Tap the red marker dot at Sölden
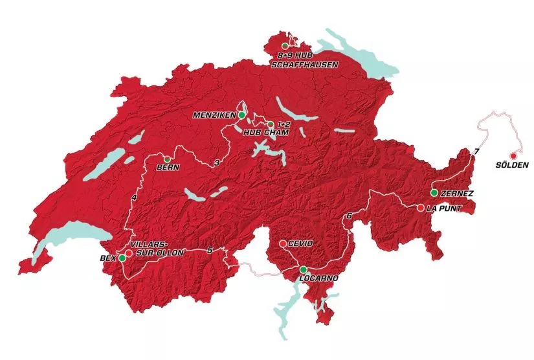click(513, 155)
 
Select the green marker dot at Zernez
click(434, 193)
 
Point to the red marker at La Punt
click(421, 208)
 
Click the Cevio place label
click(300, 243)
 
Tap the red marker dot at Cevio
click(282, 243)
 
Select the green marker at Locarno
click(302, 269)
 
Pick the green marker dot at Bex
click(122, 258)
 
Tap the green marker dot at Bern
click(167, 159)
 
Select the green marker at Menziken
click(241, 115)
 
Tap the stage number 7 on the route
click(476, 151)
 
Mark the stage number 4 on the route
click(133, 197)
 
